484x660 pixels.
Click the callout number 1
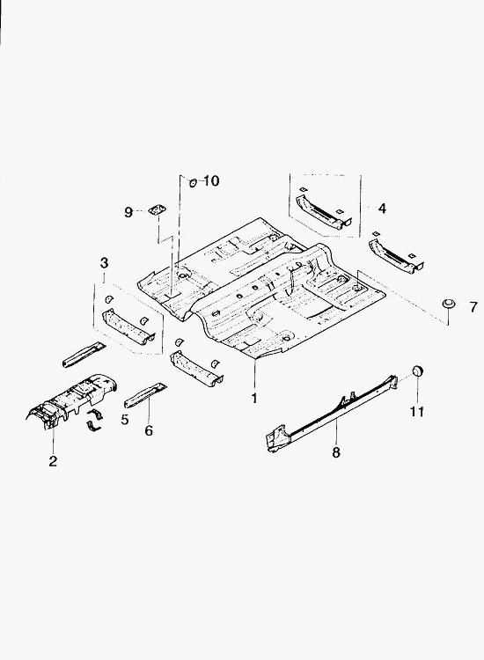coord(254,398)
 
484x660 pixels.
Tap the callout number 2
coord(53,461)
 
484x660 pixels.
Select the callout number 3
coord(104,263)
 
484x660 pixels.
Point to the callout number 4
coord(382,208)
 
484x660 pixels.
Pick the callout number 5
coord(125,420)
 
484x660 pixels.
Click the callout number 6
coord(149,430)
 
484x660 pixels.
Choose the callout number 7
coord(474,307)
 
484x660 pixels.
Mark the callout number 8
coord(336,452)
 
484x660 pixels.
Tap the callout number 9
coord(128,212)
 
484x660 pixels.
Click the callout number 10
coord(211,181)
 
